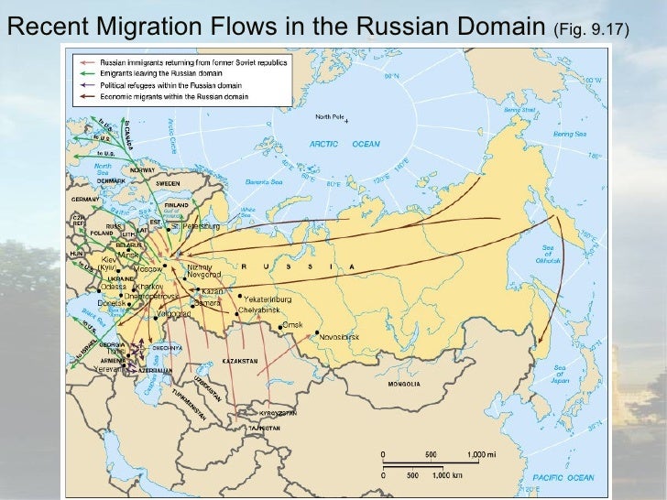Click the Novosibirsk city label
[344, 337]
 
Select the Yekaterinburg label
[270, 298]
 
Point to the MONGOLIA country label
[403, 384]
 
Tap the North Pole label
[329, 116]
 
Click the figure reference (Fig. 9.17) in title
[590, 32]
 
